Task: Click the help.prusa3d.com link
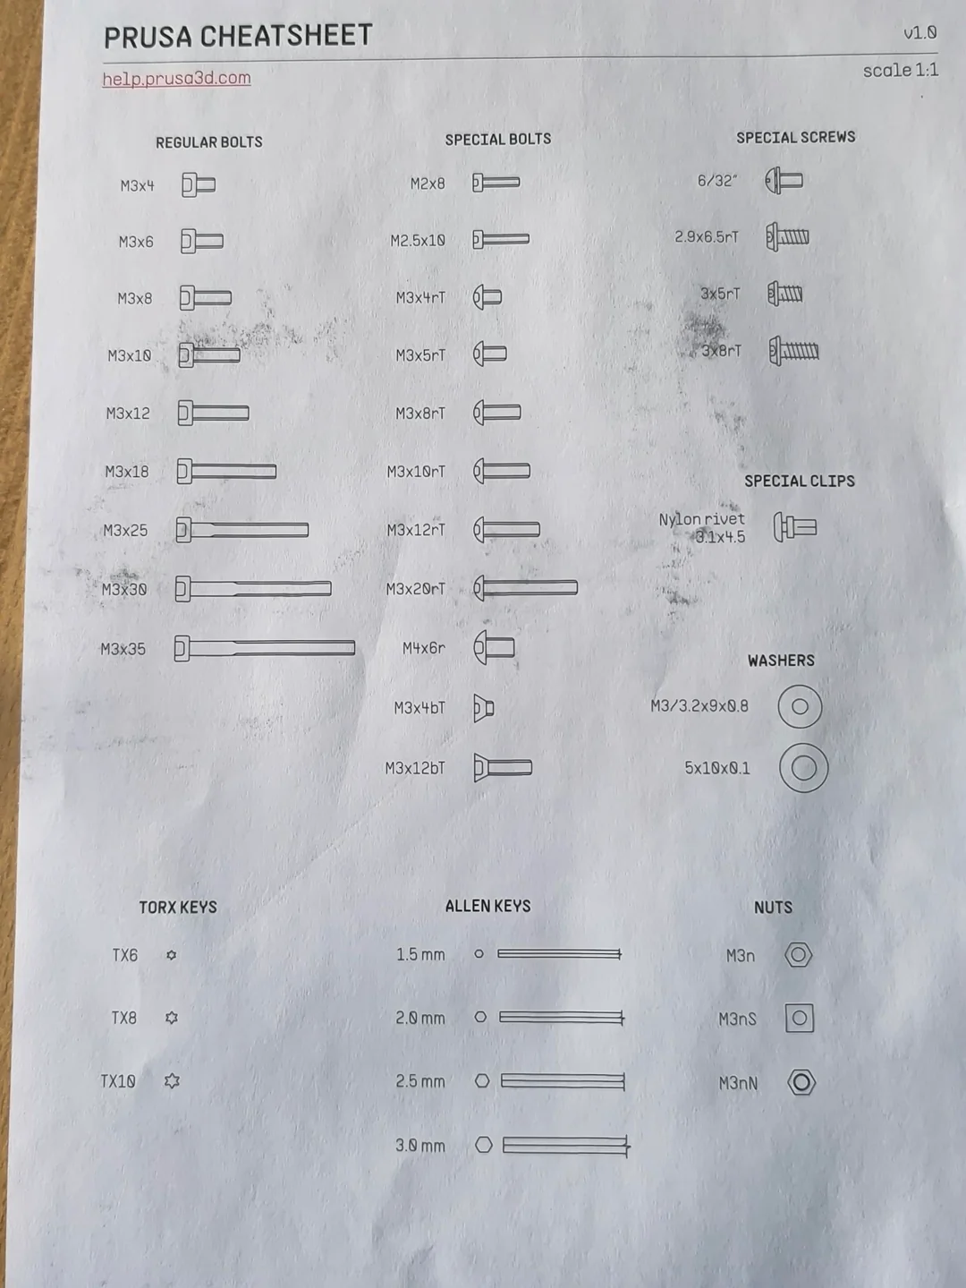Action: [x=176, y=79]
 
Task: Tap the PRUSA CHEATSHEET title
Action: [x=238, y=37]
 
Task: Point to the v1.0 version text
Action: [x=919, y=33]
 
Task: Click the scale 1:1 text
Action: [x=901, y=71]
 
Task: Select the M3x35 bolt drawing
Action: [x=265, y=648]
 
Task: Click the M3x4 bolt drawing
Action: [x=199, y=185]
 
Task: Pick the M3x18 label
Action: [x=127, y=472]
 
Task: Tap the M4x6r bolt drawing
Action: [x=494, y=648]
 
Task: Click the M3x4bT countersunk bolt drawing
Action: [x=484, y=708]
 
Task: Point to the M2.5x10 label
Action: [x=418, y=241]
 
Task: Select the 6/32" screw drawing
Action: [x=784, y=180]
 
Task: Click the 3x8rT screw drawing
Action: [x=793, y=352]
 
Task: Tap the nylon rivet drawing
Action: [x=795, y=527]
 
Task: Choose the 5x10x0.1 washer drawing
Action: [x=803, y=767]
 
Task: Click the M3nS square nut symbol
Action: [x=800, y=1018]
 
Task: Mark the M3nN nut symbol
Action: [x=801, y=1083]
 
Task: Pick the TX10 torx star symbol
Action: [x=172, y=1080]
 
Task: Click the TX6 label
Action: [x=125, y=955]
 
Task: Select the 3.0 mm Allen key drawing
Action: [x=553, y=1145]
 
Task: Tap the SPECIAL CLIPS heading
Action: [x=800, y=482]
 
